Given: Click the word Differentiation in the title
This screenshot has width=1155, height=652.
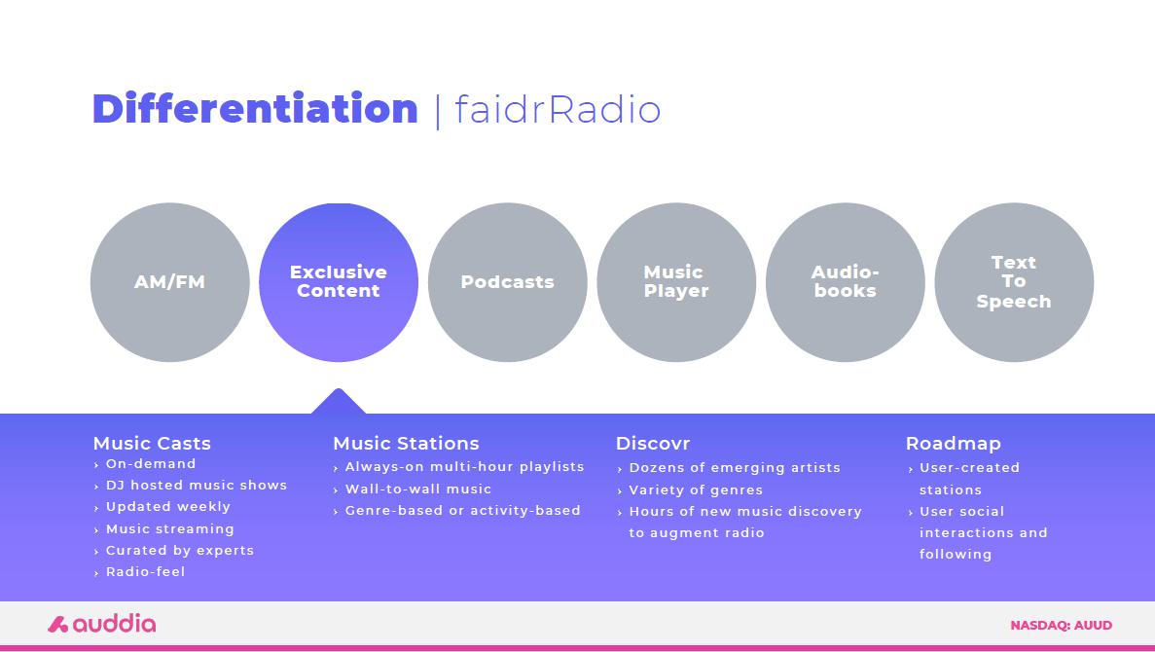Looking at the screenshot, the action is point(255,108).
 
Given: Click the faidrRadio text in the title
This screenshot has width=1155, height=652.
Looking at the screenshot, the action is point(558,110).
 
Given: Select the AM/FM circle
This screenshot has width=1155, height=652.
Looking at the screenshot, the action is point(170,282).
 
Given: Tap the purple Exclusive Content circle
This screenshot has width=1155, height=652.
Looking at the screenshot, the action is point(339,282).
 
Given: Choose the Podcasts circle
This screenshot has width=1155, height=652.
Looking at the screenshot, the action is point(508,282).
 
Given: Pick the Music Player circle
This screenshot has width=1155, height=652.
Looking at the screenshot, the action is point(676,282).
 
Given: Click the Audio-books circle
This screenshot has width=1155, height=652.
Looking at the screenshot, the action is point(845,282).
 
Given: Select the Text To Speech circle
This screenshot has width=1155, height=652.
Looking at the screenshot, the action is point(1014,282).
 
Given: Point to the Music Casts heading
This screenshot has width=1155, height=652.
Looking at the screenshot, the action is point(152,444).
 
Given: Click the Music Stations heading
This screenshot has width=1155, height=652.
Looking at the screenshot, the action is point(406,444).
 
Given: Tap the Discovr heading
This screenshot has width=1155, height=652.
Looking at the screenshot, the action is point(653,444).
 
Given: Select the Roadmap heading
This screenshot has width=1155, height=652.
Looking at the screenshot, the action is point(954,444).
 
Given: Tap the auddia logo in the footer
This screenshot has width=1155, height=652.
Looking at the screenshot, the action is point(101,624).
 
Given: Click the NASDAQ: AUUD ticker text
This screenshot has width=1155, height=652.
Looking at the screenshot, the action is point(1061,626).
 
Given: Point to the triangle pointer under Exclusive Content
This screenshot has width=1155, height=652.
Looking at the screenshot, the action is point(338,402).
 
